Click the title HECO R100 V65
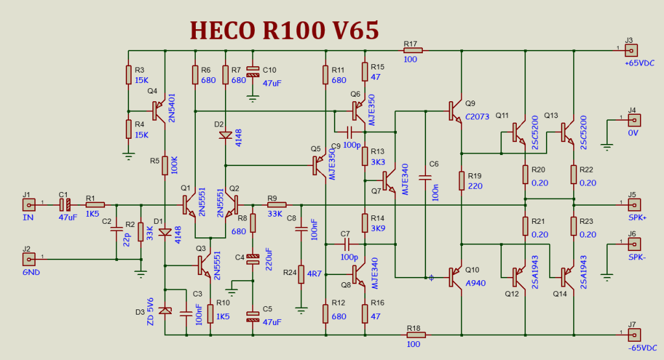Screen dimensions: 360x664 tap(284, 30)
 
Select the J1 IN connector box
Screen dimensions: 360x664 tap(28, 204)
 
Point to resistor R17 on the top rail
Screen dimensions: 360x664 tap(413, 50)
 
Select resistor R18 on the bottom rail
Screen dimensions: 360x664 tap(416, 335)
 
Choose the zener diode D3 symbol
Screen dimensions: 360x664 tap(165, 311)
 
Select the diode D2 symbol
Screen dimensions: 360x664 tap(225, 136)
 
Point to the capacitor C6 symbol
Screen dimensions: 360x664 tap(426, 176)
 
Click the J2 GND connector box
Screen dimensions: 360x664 tap(28, 259)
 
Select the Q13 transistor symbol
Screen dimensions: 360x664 tap(568, 132)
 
